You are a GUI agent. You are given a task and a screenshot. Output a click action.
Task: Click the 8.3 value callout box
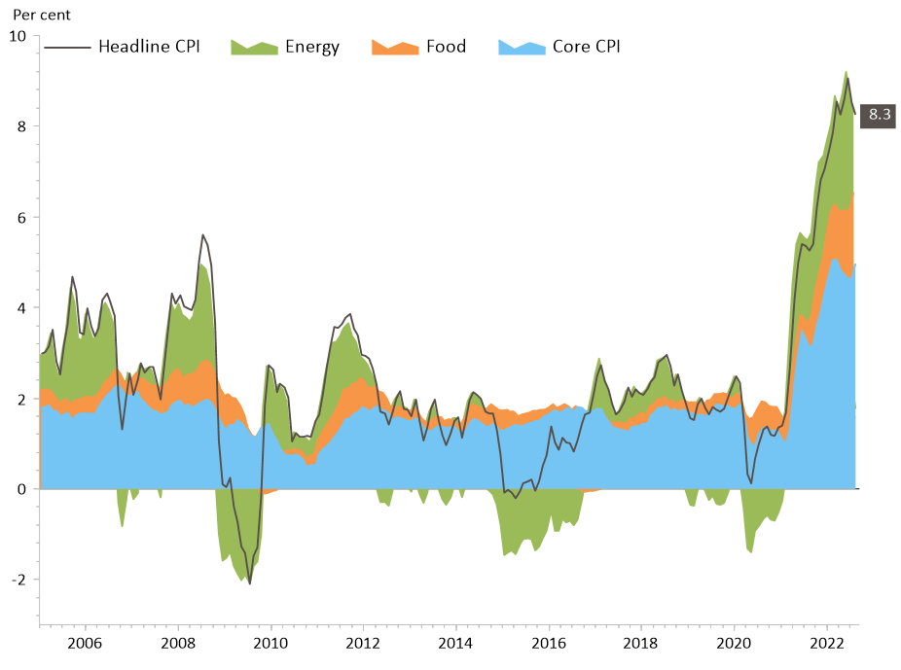[880, 115]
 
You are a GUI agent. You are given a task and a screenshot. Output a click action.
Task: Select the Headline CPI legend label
[149, 47]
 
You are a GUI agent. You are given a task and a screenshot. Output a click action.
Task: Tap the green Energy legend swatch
[254, 47]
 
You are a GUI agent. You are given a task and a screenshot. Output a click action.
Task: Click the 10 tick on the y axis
[18, 36]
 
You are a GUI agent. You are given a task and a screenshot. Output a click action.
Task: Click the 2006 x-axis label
[85, 643]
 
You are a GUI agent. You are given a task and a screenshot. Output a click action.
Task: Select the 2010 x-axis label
[270, 643]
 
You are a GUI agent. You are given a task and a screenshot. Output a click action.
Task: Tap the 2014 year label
[456, 643]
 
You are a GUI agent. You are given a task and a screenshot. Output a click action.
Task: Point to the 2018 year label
[641, 643]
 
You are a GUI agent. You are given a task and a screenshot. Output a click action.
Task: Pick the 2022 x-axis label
[827, 643]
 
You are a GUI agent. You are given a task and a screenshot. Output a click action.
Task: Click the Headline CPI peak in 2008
[202, 234]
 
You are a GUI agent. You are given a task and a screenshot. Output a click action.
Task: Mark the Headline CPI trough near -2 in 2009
[250, 583]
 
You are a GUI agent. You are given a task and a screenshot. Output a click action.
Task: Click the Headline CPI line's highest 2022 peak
[847, 78]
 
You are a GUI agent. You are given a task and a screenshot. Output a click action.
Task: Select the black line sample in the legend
[69, 47]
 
